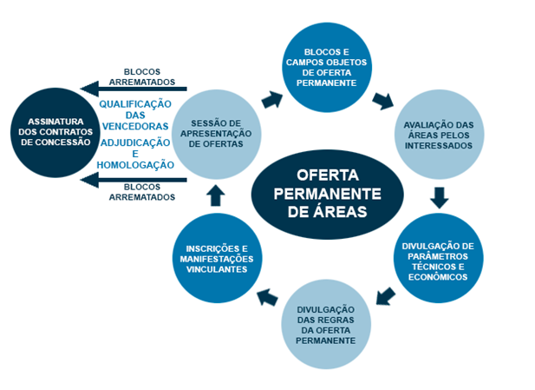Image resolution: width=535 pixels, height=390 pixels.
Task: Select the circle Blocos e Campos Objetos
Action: [328, 63]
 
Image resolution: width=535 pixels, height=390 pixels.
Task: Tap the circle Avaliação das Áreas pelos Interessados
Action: [439, 134]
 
